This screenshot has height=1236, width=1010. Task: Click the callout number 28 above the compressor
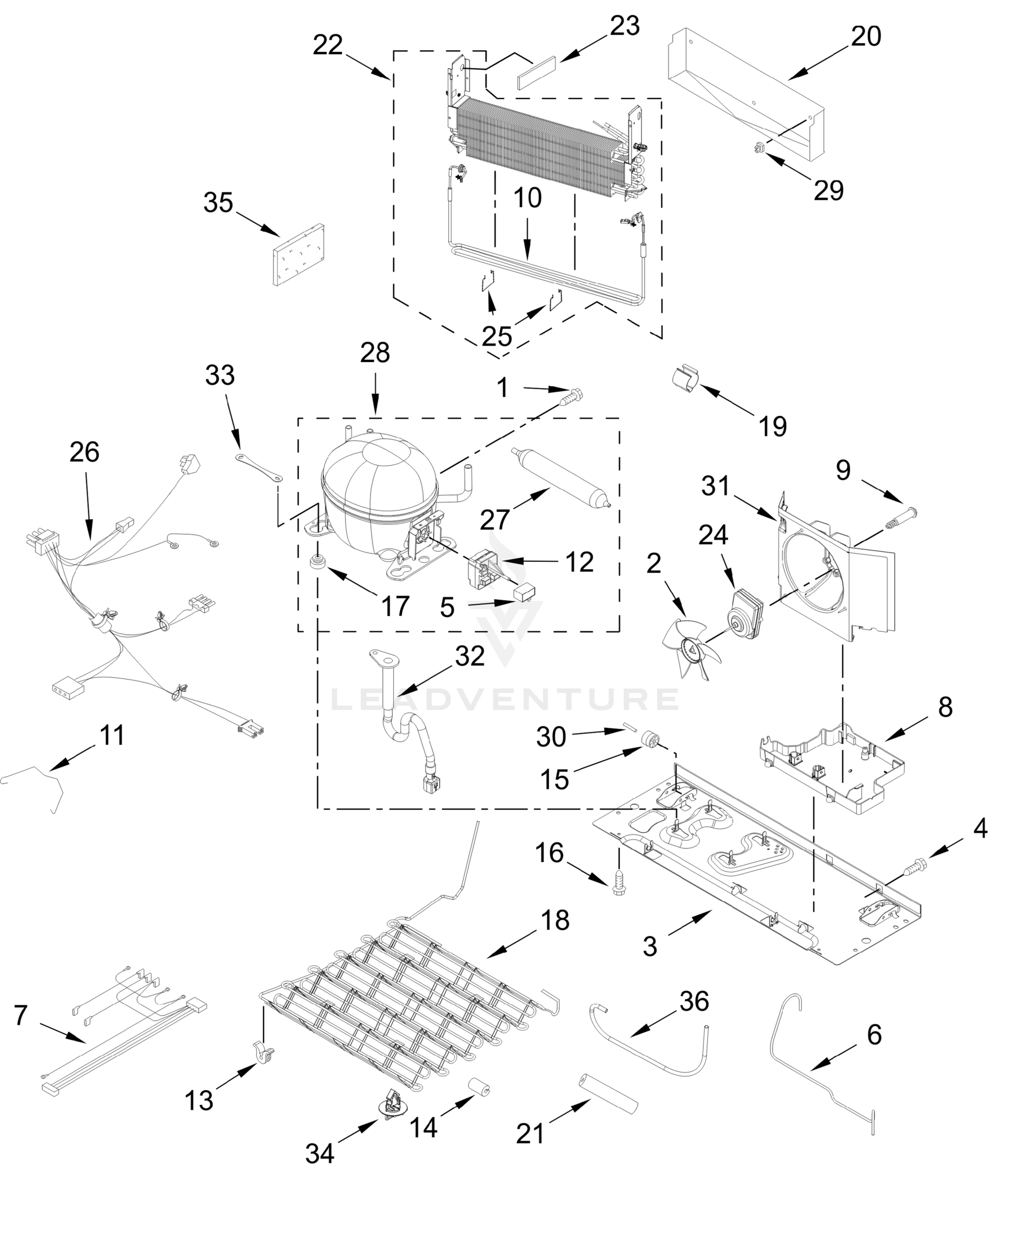(375, 353)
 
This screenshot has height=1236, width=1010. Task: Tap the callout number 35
(218, 203)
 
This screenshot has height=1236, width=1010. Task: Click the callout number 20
(866, 37)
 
